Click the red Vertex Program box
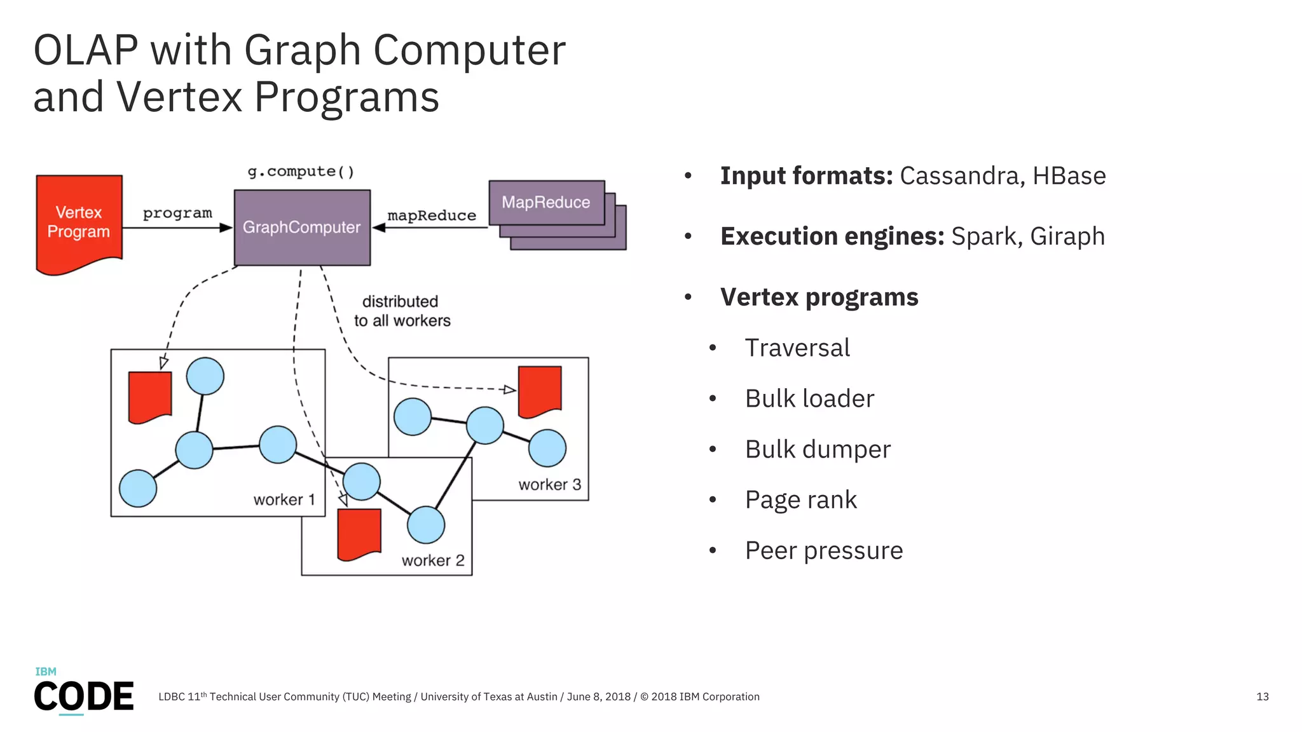(x=79, y=222)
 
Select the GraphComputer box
(x=302, y=227)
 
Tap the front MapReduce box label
(x=546, y=203)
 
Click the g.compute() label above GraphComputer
(x=301, y=172)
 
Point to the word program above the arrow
(x=177, y=213)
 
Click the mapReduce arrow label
(x=432, y=216)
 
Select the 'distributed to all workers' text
(x=402, y=311)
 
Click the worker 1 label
(x=284, y=500)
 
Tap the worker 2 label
(x=433, y=560)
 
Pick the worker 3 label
(x=550, y=485)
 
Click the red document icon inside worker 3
(x=540, y=391)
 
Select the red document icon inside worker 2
(x=359, y=533)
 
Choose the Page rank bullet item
(x=800, y=500)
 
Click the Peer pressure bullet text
(x=823, y=551)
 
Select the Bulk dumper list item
(x=818, y=449)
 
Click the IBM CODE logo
(x=83, y=691)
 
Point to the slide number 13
(x=1262, y=697)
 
